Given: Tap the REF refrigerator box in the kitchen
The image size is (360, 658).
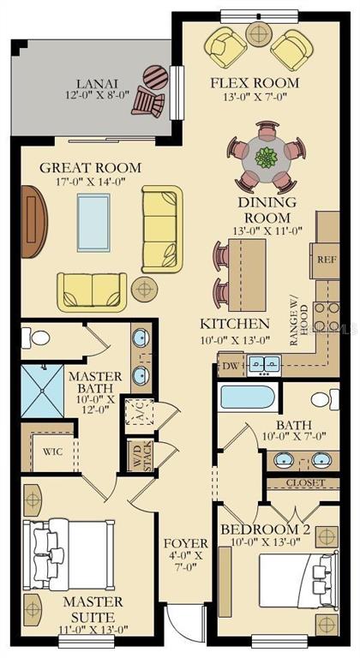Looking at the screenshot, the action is pyautogui.click(x=327, y=260).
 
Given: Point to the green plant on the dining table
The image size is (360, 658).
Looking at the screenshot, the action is pyautogui.click(x=267, y=159).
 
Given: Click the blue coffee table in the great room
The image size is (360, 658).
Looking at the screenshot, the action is pyautogui.click(x=93, y=223).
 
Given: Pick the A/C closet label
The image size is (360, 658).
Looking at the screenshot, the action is pyautogui.click(x=140, y=411).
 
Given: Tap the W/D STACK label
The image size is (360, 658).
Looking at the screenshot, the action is pyautogui.click(x=143, y=456).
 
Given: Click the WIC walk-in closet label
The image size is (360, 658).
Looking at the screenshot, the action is pyautogui.click(x=52, y=452).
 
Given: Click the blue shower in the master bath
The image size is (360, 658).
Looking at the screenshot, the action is pyautogui.click(x=42, y=391).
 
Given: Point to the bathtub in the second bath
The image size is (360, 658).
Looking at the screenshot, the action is pyautogui.click(x=248, y=397).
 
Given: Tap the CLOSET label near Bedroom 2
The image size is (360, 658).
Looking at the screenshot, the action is pyautogui.click(x=305, y=483).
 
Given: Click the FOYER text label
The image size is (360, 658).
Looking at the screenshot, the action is pyautogui.click(x=186, y=543).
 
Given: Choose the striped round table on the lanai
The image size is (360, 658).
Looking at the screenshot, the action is pyautogui.click(x=155, y=77).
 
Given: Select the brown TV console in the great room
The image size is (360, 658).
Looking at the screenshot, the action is pyautogui.click(x=33, y=221).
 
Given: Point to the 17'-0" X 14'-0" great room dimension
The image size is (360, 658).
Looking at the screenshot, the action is pyautogui.click(x=91, y=182).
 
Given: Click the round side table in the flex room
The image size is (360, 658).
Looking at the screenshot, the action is pyautogui.click(x=259, y=33).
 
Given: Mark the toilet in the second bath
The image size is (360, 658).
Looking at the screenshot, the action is pyautogui.click(x=325, y=399).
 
